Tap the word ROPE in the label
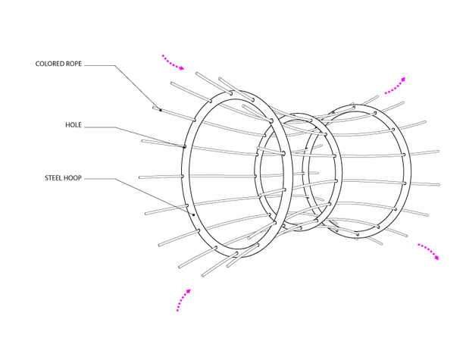click(x=74, y=64)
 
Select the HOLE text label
click(x=73, y=125)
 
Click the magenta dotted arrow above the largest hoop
click(x=173, y=62)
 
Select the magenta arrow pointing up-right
click(x=395, y=86)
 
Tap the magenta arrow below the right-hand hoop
click(x=429, y=252)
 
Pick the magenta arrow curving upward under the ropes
click(x=183, y=299)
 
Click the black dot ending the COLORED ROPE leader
click(x=161, y=111)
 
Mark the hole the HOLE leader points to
click(x=184, y=147)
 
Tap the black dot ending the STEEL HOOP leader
click(x=193, y=214)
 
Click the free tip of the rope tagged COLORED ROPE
click(x=154, y=108)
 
